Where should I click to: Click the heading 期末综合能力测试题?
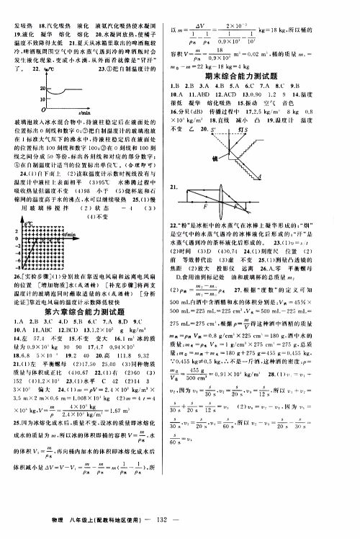pos(264,74)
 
